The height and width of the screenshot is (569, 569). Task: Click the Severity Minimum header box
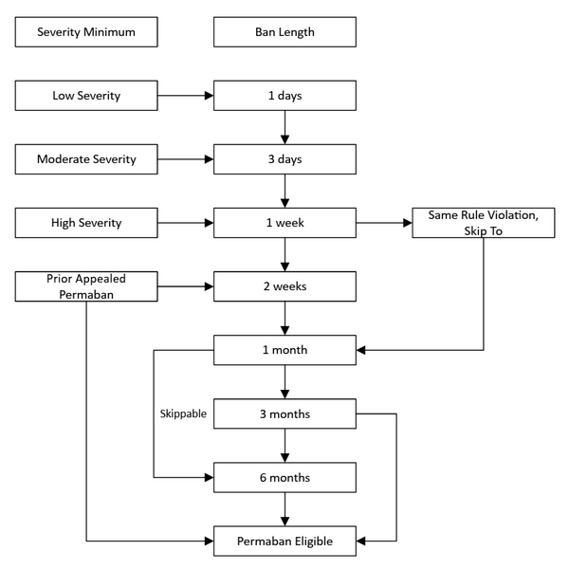[86, 32]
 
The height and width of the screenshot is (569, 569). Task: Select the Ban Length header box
[284, 32]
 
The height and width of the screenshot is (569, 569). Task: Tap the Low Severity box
[86, 96]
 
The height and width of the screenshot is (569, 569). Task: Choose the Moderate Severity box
[86, 158]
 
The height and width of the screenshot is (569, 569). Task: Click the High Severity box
[86, 222]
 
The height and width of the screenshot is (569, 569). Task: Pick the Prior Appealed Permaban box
[86, 285]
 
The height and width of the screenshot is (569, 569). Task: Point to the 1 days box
[284, 96]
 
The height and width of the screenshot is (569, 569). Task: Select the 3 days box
[284, 158]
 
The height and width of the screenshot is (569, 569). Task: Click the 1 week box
[284, 222]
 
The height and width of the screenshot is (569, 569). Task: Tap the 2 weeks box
[284, 285]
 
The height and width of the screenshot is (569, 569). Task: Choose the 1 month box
[284, 349]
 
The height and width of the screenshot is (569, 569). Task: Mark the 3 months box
[284, 413]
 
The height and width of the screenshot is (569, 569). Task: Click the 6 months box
[284, 477]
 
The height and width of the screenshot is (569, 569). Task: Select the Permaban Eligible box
[284, 541]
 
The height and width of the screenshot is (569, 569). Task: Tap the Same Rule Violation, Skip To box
[483, 222]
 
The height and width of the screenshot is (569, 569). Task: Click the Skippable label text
[182, 414]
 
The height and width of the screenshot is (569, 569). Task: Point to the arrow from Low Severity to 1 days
[186, 96]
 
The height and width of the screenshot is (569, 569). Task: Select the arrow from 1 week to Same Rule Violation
[383, 222]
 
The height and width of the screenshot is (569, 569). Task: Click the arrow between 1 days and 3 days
[284, 127]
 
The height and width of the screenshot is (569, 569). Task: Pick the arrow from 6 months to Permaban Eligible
[284, 508]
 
